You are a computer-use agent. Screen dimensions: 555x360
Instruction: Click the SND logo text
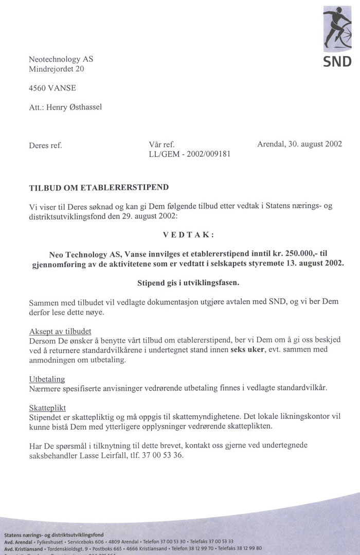coord(337,62)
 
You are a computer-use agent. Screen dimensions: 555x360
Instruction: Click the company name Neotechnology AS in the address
coord(61,59)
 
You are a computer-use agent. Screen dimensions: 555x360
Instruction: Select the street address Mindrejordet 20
coord(57,68)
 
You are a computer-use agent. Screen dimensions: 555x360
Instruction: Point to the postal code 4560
coord(38,88)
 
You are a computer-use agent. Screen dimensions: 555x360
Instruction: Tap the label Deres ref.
coord(45,145)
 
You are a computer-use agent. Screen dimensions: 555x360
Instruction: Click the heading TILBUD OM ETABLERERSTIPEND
coord(99,189)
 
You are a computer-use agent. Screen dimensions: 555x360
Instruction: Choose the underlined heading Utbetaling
coord(47,379)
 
